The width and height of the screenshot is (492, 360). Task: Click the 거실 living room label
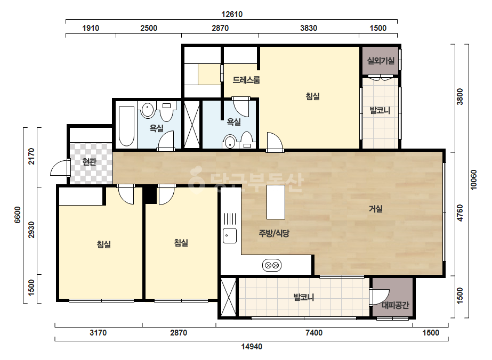click(375, 209)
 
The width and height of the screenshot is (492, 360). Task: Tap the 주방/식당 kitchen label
click(273, 233)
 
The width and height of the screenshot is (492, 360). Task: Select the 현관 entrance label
click(90, 162)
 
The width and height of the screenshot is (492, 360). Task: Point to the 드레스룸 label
click(246, 80)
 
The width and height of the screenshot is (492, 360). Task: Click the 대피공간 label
click(396, 305)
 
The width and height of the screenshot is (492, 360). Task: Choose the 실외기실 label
click(381, 61)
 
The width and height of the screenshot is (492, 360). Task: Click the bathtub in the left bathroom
click(126, 126)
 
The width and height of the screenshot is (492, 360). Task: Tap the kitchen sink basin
click(230, 235)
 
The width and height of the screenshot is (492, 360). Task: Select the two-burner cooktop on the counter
click(272, 266)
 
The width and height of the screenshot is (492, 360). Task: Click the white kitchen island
click(276, 202)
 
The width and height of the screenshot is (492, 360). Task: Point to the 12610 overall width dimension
click(232, 14)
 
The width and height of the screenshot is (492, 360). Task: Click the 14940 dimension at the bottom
click(252, 347)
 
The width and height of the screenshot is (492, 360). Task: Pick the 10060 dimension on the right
click(473, 179)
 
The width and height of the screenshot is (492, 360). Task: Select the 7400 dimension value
click(314, 332)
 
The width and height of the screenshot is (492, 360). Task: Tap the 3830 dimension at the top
click(309, 28)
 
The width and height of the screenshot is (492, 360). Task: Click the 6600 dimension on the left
click(18, 215)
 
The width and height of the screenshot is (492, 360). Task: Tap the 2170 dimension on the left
click(31, 156)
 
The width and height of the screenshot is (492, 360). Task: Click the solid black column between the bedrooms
click(150, 195)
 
